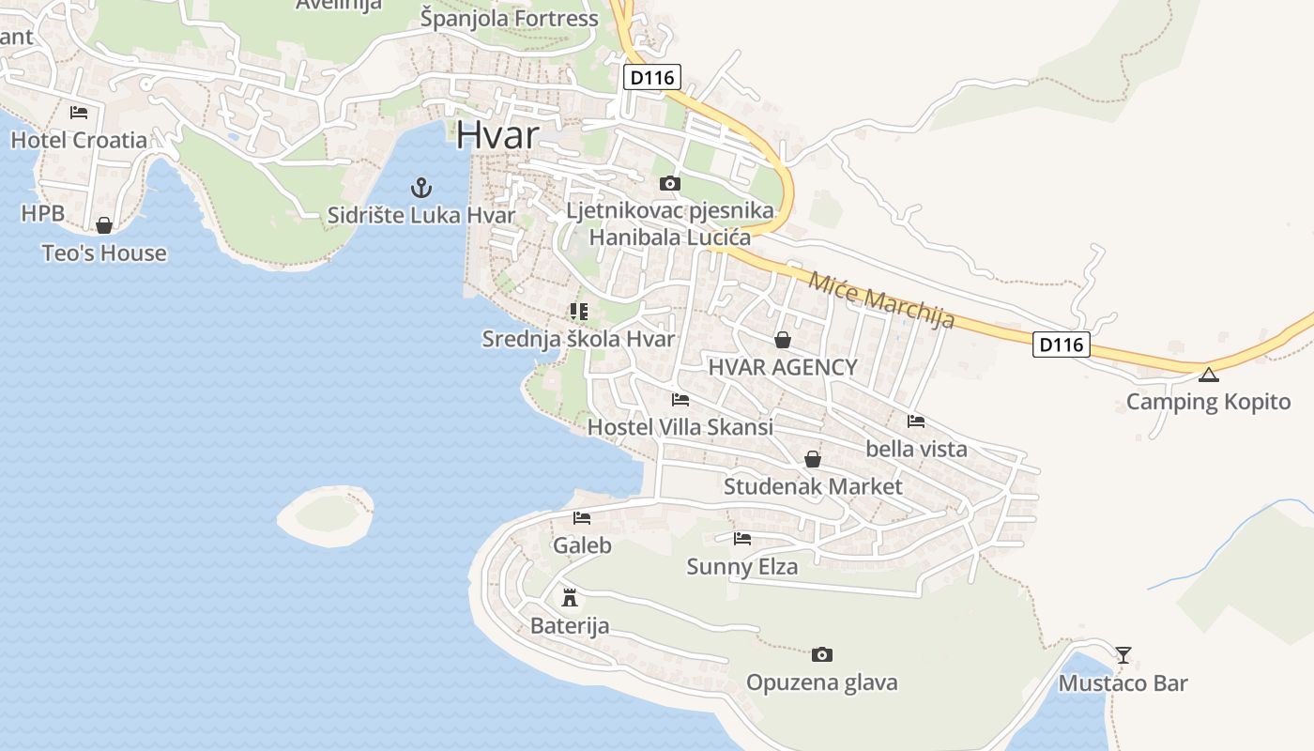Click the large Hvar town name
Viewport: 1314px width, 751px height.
(497, 134)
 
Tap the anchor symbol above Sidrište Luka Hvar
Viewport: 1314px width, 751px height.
(421, 188)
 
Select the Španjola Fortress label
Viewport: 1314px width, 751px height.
(510, 18)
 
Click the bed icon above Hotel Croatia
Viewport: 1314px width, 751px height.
(79, 113)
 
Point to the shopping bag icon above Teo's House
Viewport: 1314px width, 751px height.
(104, 225)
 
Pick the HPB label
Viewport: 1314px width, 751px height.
(43, 213)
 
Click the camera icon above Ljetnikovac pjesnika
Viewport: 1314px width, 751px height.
(669, 183)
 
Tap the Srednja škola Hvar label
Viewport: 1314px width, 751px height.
(578, 338)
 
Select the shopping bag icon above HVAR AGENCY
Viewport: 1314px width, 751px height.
(783, 339)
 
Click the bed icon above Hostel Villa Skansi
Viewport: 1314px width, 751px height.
(680, 399)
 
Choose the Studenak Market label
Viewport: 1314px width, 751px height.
(813, 486)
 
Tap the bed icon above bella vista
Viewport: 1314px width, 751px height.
(916, 421)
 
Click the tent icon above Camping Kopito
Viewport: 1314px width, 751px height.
(1208, 375)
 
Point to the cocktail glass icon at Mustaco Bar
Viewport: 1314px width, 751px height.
(1123, 654)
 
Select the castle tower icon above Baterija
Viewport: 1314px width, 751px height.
(569, 597)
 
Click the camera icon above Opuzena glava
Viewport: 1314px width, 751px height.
(822, 654)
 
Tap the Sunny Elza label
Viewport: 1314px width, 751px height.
(742, 566)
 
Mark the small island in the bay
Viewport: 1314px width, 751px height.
(325, 515)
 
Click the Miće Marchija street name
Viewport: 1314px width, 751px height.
(881, 299)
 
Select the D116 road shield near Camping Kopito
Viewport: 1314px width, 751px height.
(1062, 345)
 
